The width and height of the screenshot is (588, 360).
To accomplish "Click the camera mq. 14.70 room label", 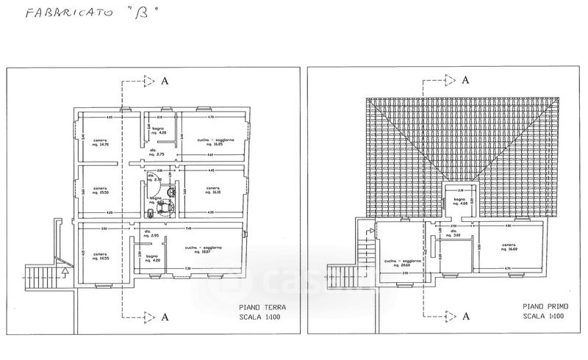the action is tap(101, 143).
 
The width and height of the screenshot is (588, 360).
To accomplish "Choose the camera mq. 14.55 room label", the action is tap(101, 256).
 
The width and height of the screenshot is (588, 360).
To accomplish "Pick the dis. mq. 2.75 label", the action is tap(156, 153).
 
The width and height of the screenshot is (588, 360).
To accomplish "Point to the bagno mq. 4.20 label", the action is tap(151, 256).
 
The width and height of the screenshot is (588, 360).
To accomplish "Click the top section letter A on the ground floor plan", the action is tap(166, 80).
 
